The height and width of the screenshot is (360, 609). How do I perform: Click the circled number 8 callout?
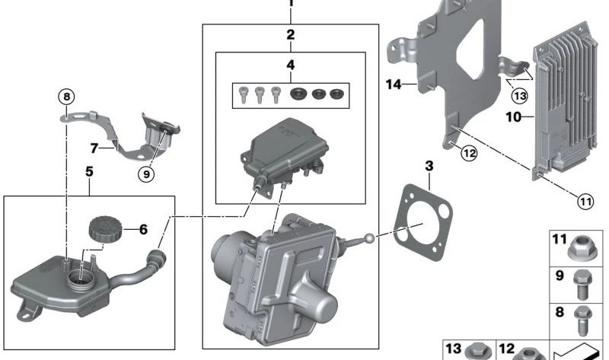66,97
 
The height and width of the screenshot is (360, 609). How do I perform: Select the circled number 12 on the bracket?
468,153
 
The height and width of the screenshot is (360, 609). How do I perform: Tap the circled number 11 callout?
585,202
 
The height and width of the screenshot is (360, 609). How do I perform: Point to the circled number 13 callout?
519,96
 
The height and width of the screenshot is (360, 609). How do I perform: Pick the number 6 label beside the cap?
142,228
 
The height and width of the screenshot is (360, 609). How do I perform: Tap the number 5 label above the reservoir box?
89,172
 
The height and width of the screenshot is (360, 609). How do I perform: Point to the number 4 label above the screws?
290,65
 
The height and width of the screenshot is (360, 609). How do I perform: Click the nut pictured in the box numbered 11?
588,249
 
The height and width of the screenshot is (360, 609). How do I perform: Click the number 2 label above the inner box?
290,34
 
